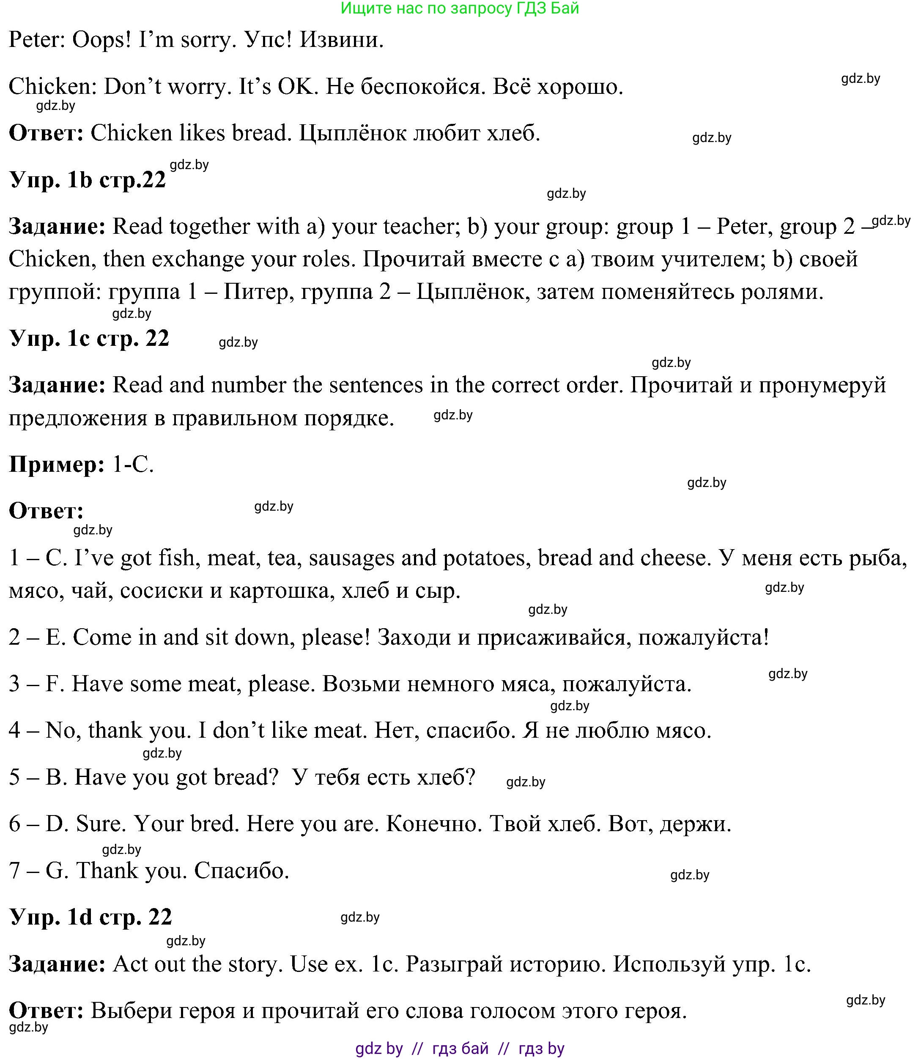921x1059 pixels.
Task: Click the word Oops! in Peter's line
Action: click(x=101, y=40)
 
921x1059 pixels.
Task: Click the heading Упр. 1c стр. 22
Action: click(x=89, y=339)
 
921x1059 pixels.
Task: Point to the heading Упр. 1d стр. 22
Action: click(x=90, y=917)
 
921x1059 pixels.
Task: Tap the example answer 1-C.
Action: click(x=133, y=465)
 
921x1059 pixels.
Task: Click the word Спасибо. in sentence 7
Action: click(x=241, y=870)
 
